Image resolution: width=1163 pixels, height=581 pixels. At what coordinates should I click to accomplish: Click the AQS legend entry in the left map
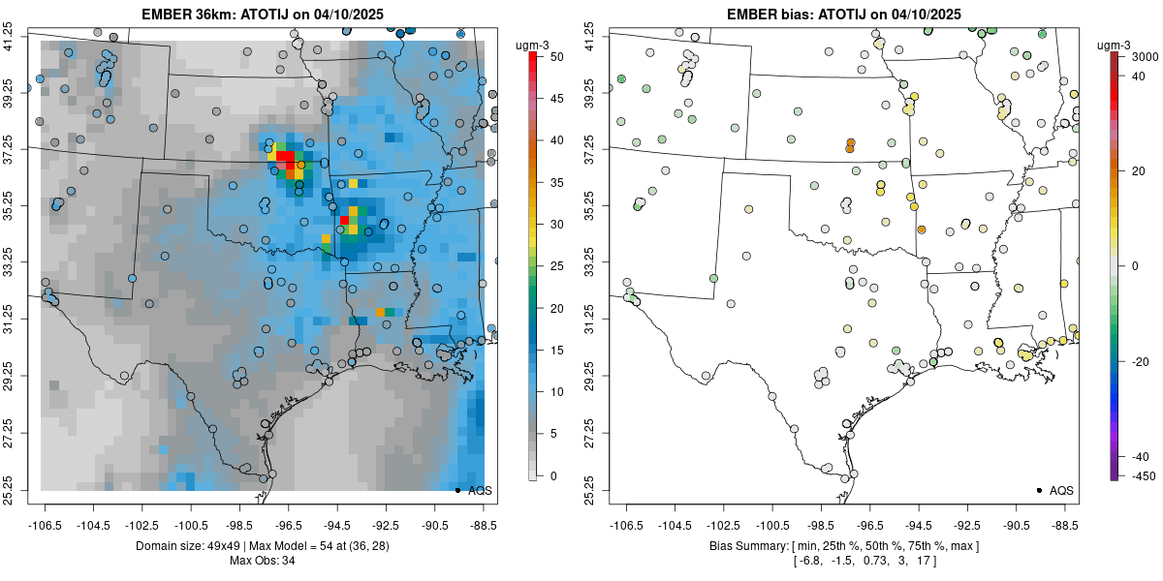[479, 491]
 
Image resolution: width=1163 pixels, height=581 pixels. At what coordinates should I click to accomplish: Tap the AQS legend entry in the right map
[1060, 491]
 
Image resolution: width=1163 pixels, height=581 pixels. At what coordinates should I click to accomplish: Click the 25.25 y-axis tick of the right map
[601, 488]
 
